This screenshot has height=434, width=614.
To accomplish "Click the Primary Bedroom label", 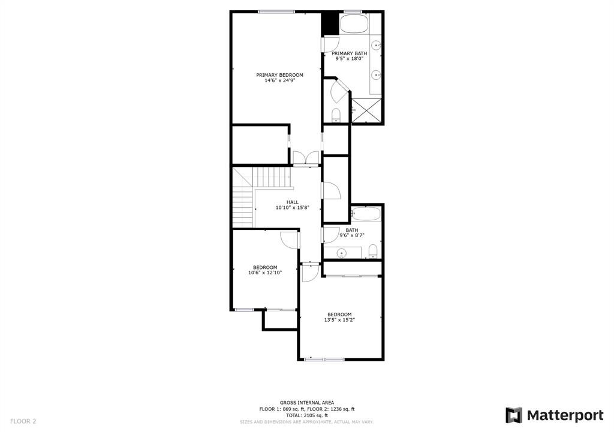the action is pyautogui.click(x=279, y=75).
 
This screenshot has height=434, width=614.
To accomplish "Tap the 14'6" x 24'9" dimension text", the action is pyautogui.click(x=279, y=81).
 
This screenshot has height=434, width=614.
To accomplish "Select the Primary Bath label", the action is pyautogui.click(x=350, y=53).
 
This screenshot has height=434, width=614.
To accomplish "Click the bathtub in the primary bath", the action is pyautogui.click(x=354, y=24).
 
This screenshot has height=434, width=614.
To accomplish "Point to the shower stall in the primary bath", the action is pyautogui.click(x=366, y=110).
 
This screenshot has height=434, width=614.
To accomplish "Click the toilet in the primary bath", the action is pyautogui.click(x=336, y=115).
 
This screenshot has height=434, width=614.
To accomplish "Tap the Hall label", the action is pyautogui.click(x=293, y=202).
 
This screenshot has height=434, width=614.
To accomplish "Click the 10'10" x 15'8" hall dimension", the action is pyautogui.click(x=293, y=208).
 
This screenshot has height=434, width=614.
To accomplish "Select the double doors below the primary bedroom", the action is pyautogui.click(x=306, y=158).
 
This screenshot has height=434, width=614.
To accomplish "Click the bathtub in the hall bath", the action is pyautogui.click(x=366, y=214).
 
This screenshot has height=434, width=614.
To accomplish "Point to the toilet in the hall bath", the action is pyautogui.click(x=373, y=252).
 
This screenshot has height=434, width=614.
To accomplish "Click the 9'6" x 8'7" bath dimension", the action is pyautogui.click(x=351, y=236).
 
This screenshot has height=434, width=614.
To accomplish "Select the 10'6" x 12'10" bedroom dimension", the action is pyautogui.click(x=265, y=273).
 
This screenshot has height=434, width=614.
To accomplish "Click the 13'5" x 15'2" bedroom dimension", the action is pyautogui.click(x=339, y=320).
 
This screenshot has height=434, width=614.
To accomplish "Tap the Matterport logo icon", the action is pyautogui.click(x=514, y=415).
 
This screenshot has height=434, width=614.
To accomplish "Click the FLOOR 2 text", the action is pyautogui.click(x=23, y=421).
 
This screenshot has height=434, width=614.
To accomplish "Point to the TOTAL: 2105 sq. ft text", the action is pyautogui.click(x=307, y=415).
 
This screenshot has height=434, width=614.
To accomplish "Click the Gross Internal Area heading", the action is pyautogui.click(x=307, y=403).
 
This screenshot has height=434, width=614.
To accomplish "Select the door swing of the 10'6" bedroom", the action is pyautogui.click(x=289, y=239).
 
